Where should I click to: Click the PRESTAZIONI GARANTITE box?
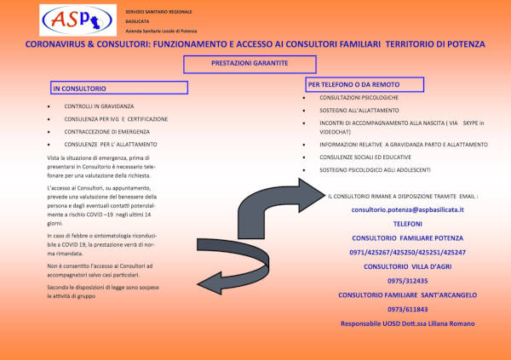250,64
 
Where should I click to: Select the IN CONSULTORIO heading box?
118,88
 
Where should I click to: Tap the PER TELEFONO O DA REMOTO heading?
364,84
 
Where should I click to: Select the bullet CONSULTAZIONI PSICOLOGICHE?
348,98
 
